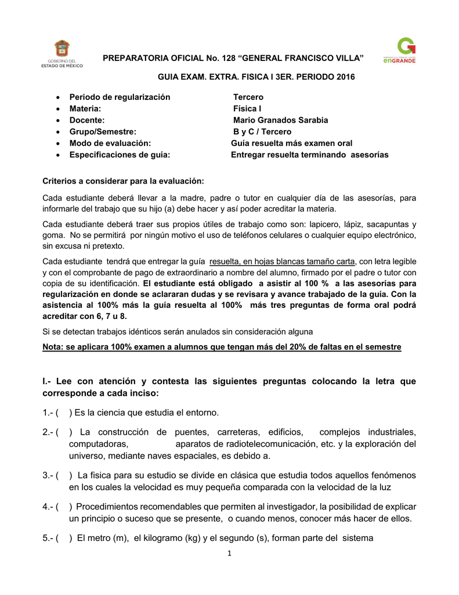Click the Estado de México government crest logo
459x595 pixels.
(x=62, y=49)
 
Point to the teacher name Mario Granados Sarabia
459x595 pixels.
(x=280, y=120)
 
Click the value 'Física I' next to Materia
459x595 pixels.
(x=247, y=109)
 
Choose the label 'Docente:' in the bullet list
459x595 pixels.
(x=87, y=120)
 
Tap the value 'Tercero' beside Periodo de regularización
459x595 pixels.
(x=248, y=97)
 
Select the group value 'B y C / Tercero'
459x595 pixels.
(x=262, y=132)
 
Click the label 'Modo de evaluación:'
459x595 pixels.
(x=110, y=144)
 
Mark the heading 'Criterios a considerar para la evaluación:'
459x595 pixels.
(x=123, y=181)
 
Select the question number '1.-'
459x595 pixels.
(x=49, y=413)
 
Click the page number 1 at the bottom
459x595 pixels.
(x=230, y=553)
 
